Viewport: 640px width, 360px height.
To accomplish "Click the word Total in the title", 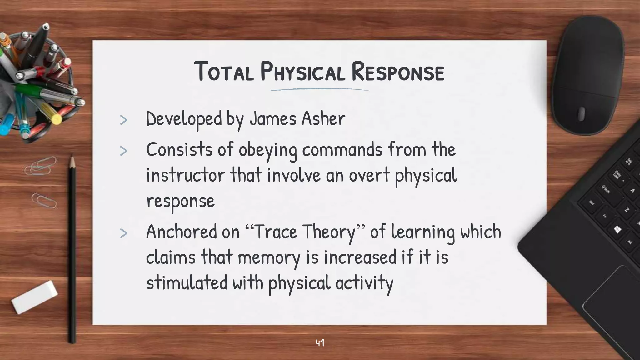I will (x=224, y=72).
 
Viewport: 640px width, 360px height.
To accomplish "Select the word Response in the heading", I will (x=397, y=72).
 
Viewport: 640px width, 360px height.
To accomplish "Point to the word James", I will (x=273, y=119).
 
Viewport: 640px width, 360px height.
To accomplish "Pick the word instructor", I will (x=185, y=175).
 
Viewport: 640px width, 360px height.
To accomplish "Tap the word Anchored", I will (x=181, y=232).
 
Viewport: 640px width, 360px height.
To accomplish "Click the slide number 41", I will (x=320, y=343).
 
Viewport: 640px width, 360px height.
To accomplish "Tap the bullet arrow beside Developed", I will (x=124, y=120).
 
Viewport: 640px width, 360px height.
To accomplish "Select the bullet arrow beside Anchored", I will (x=124, y=233).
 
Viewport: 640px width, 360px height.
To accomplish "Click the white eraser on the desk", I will (x=34, y=297).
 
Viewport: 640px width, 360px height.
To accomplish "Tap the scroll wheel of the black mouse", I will (x=581, y=114).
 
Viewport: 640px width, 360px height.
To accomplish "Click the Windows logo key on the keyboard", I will (x=617, y=230).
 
